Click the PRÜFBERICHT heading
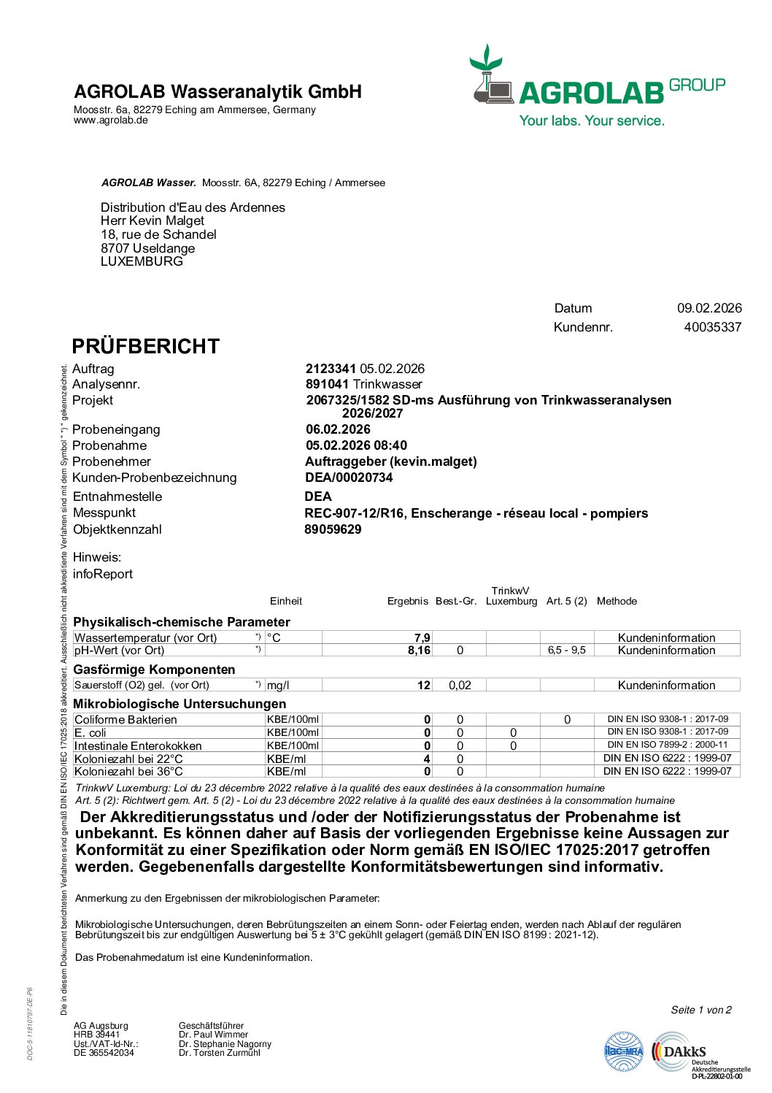point(145,346)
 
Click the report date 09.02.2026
point(709,308)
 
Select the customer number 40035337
point(712,327)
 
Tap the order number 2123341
point(331,369)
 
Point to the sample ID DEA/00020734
point(349,478)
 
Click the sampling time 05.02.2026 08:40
point(356,445)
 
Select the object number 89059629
point(333,529)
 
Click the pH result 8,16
point(419,651)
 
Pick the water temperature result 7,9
point(422,637)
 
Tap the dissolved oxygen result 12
point(423,685)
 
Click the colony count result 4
point(427,759)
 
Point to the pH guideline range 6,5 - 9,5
point(567,651)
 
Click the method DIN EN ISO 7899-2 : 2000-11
point(668,745)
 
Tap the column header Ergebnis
point(407,601)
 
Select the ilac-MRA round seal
point(624,1052)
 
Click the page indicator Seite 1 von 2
point(700,1010)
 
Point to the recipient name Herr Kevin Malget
point(153,220)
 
